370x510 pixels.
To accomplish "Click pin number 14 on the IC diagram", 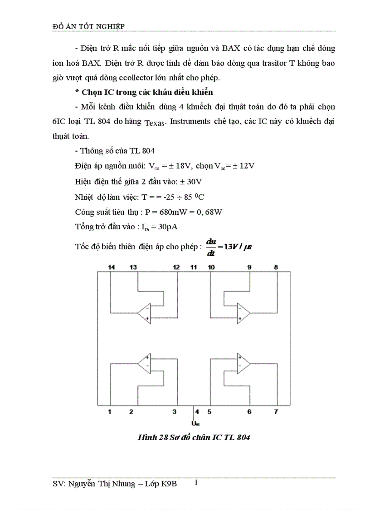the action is [x=112, y=267].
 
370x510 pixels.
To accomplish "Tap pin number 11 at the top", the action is [x=194, y=267].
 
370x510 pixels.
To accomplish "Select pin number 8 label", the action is [x=276, y=267].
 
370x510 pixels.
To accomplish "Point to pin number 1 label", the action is [x=110, y=412].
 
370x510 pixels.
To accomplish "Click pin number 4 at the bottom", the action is [x=197, y=412].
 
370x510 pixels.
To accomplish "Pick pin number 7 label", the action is [x=276, y=412].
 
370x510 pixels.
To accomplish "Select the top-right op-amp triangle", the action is [x=243, y=313].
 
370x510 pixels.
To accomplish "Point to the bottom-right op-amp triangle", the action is [x=243, y=363].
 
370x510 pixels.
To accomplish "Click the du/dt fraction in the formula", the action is [x=210, y=247].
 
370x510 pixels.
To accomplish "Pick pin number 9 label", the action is [x=249, y=267].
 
